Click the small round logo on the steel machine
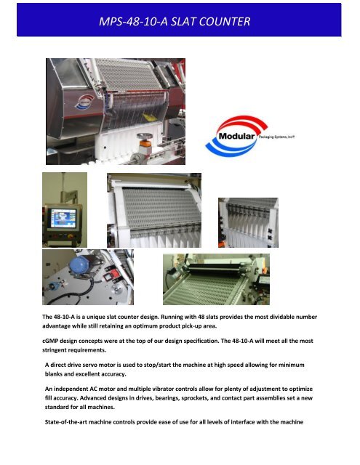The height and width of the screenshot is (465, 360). (69, 99)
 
